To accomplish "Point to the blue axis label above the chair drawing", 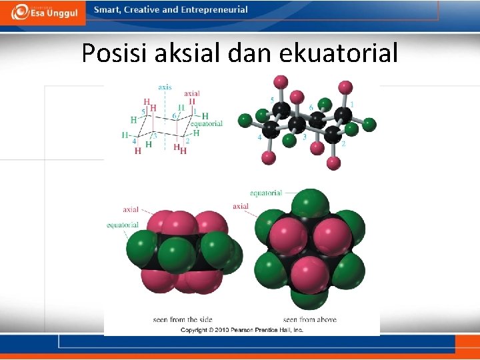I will (165, 87).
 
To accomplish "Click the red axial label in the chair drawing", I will (191, 93).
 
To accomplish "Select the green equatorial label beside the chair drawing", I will (207, 123).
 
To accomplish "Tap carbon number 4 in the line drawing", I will (133, 141).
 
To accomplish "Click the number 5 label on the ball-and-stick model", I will (272, 100).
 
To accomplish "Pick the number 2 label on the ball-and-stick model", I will (343, 144).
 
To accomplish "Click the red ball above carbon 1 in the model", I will (345, 87).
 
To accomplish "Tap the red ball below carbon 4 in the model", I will (269, 157).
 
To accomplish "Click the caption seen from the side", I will (183, 320).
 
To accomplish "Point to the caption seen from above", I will (309, 320).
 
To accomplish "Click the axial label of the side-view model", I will (131, 210).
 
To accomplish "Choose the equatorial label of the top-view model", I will (266, 193).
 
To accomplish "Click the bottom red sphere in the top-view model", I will (309, 274).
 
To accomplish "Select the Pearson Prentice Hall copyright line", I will (242, 329).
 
